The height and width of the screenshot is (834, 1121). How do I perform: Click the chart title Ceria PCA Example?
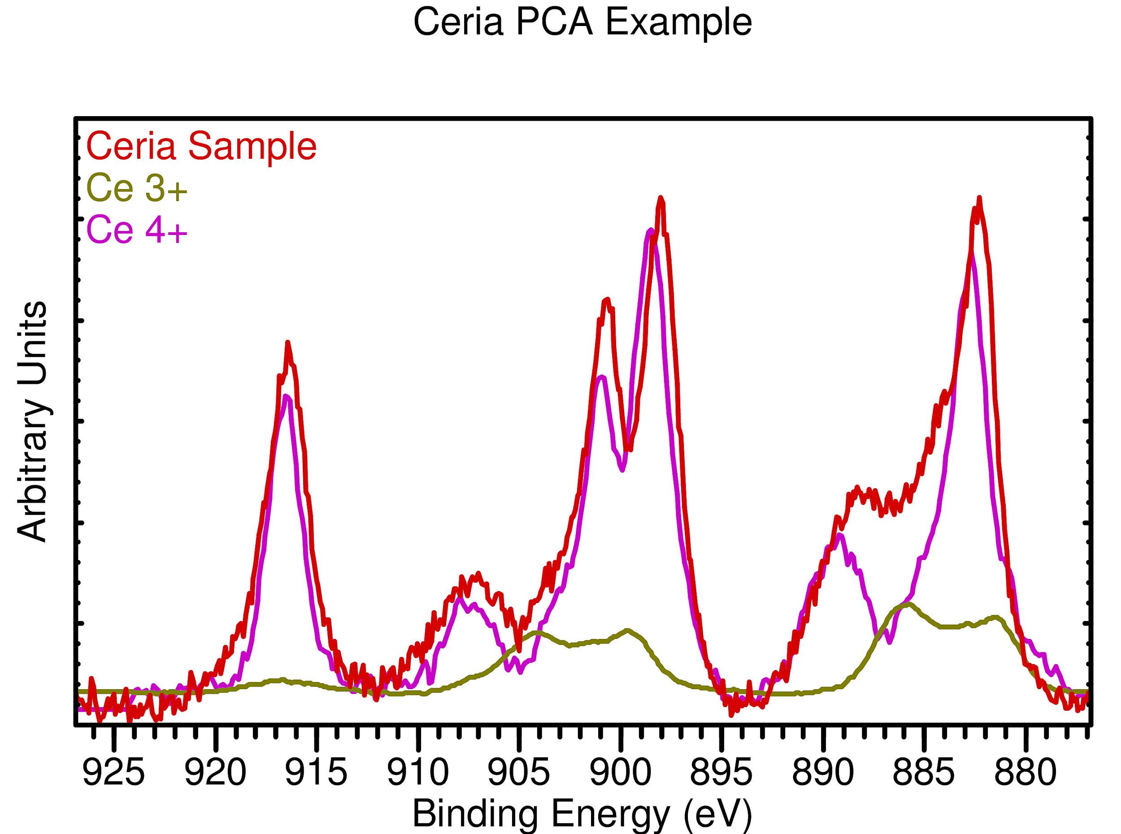click(x=582, y=23)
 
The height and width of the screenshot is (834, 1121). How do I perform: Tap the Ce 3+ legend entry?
click(x=137, y=188)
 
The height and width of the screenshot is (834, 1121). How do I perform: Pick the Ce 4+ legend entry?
click(x=137, y=230)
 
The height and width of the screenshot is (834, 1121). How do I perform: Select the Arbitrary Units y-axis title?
click(x=33, y=421)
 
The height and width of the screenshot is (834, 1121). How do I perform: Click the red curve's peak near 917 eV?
click(x=288, y=343)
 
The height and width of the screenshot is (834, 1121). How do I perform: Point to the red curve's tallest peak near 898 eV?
click(x=660, y=198)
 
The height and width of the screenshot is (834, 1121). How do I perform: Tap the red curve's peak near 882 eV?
click(x=979, y=198)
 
